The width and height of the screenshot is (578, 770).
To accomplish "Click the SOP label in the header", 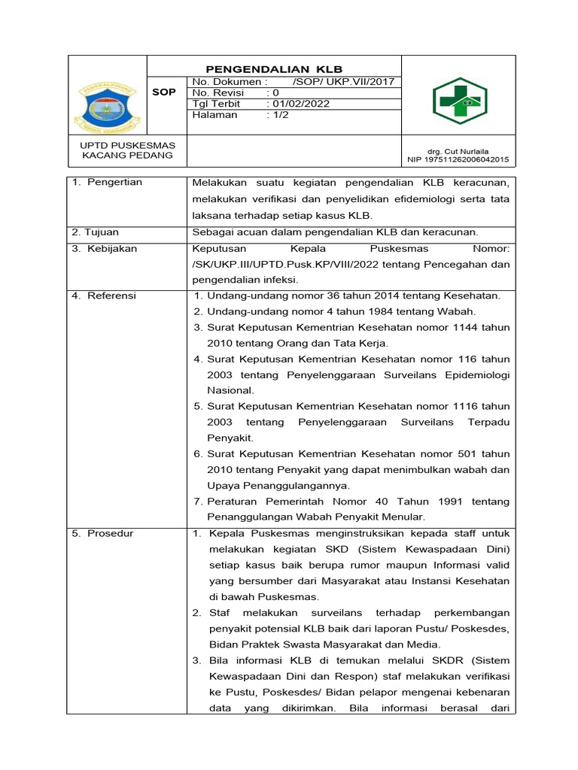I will pyautogui.click(x=164, y=92).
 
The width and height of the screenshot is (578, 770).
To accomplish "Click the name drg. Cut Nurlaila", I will pyautogui.click(x=458, y=150).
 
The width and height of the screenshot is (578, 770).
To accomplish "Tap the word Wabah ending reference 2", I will pyautogui.click(x=460, y=312).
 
